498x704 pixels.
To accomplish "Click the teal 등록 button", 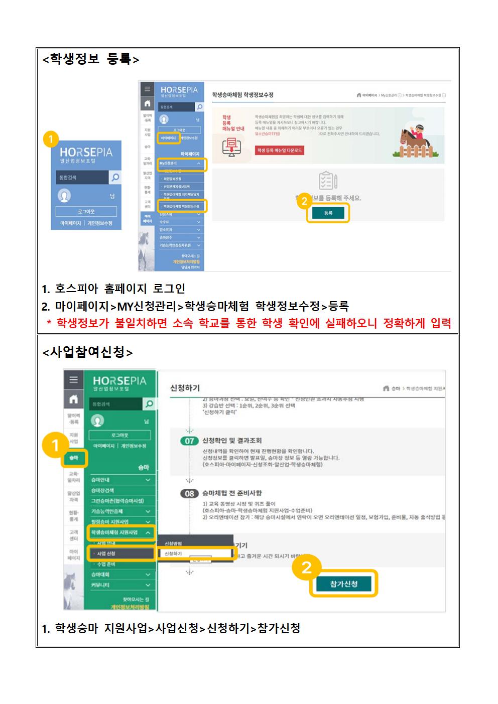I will coord(328,213).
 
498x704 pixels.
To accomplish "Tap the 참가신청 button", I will coord(344,584).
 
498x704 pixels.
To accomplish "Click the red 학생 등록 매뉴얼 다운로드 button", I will coord(280,151).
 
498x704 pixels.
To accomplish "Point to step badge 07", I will coord(189,441).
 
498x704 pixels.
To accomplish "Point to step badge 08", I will coord(189,493).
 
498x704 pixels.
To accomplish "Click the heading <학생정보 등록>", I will coord(91,59).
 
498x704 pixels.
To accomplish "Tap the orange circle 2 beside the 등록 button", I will coord(304,202).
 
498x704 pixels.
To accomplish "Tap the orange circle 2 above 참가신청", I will coord(306,567).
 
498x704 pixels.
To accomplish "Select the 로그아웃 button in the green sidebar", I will coord(119,435).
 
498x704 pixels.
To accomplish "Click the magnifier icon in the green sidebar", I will coord(149,404).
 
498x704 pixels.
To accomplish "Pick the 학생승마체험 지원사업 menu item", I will coord(120,532).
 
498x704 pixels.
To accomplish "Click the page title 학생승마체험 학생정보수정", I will coord(242,94).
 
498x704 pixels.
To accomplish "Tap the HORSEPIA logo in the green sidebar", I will coord(119,383).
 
